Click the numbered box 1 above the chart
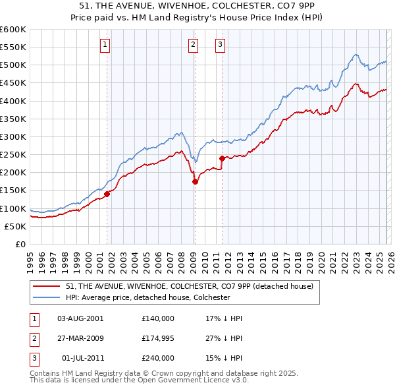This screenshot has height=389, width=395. [x=105, y=45]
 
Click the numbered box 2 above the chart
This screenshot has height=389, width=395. [x=193, y=45]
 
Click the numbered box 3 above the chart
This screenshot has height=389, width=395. [x=220, y=45]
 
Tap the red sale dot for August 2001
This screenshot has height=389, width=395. [x=107, y=194]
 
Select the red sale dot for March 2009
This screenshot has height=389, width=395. [x=195, y=181]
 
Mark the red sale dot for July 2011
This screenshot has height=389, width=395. [x=222, y=158]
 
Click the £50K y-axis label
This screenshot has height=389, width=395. [x=16, y=226]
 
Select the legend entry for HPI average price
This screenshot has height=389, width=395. [x=147, y=297]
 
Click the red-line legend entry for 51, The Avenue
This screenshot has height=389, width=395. [x=192, y=285]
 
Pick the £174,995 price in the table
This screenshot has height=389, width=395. [x=158, y=338]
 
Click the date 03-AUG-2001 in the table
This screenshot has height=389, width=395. [x=80, y=318]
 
